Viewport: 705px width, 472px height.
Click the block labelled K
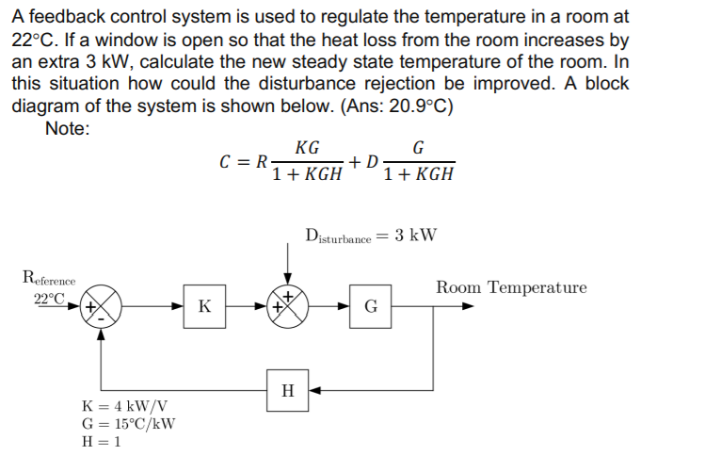(204, 307)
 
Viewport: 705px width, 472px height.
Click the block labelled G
(371, 307)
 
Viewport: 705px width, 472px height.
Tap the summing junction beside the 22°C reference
(101, 307)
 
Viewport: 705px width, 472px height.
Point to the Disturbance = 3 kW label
(371, 236)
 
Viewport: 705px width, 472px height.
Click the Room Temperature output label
(510, 287)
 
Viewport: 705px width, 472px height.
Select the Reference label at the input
(49, 278)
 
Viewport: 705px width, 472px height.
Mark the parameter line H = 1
(104, 441)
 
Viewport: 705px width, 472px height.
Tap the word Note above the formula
(67, 128)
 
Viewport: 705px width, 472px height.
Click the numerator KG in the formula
(306, 148)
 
